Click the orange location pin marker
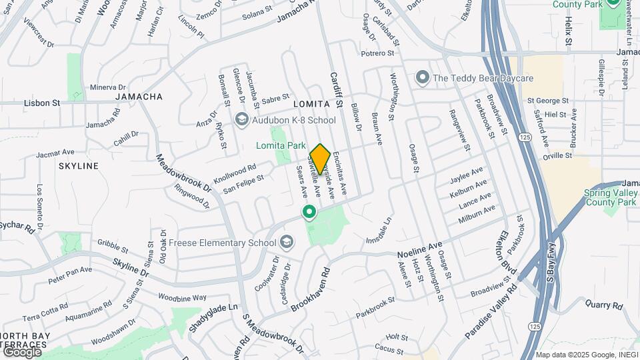(320, 159)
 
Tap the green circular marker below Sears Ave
(309, 213)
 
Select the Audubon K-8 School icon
(242, 120)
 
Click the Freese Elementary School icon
(287, 241)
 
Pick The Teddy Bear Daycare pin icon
(421, 79)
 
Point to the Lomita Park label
(281, 145)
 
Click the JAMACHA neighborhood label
(139, 97)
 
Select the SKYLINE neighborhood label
(78, 165)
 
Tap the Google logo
(21, 351)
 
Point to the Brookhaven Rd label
(310, 287)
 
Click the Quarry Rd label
(604, 305)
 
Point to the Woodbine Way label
(182, 297)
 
